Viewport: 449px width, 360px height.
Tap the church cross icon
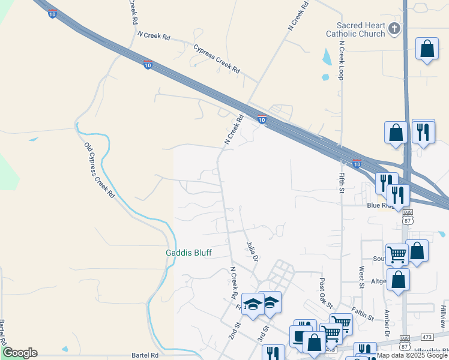[x=394, y=28]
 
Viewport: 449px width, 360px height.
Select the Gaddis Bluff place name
[x=188, y=253]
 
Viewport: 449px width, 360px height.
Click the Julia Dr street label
[x=252, y=251]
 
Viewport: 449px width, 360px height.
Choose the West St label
[x=362, y=277]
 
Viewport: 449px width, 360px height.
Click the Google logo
[x=19, y=352]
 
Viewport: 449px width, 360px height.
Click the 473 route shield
[x=427, y=337]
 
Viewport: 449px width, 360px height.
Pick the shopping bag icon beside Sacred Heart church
[x=427, y=50]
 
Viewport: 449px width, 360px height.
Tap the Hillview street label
[x=443, y=316]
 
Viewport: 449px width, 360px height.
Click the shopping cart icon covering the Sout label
[x=397, y=254]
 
